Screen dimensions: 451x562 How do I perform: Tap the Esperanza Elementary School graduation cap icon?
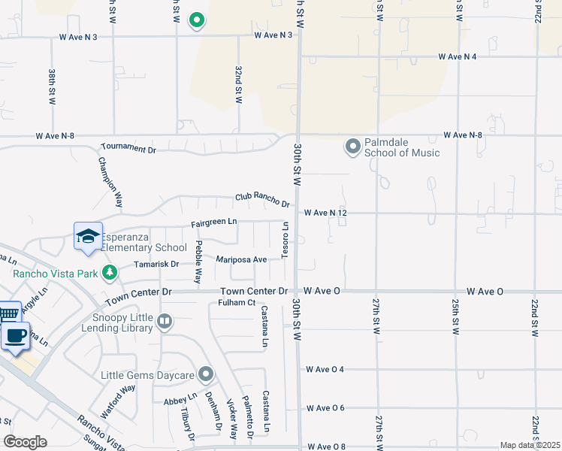tap(88, 235)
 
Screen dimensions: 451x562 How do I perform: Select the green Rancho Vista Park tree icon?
tap(110, 271)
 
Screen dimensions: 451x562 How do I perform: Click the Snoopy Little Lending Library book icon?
tap(165, 322)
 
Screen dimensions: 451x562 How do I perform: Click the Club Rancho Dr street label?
tap(262, 199)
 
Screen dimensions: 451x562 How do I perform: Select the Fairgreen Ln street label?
tap(214, 222)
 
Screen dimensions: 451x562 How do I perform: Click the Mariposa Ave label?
tap(242, 259)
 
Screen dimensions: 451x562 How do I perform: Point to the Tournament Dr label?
tap(128, 149)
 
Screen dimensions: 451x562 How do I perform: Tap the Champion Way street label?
tap(109, 183)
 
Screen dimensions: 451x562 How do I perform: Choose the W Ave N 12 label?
tap(325, 213)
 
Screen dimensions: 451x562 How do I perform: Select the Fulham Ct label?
tap(237, 303)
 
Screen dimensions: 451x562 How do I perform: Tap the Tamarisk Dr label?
tap(156, 264)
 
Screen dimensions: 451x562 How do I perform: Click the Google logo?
tap(25, 442)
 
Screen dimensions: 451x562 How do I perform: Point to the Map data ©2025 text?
tap(530, 445)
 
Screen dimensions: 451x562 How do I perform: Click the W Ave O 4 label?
tap(325, 370)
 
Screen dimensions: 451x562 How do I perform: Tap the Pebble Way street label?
tap(198, 262)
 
